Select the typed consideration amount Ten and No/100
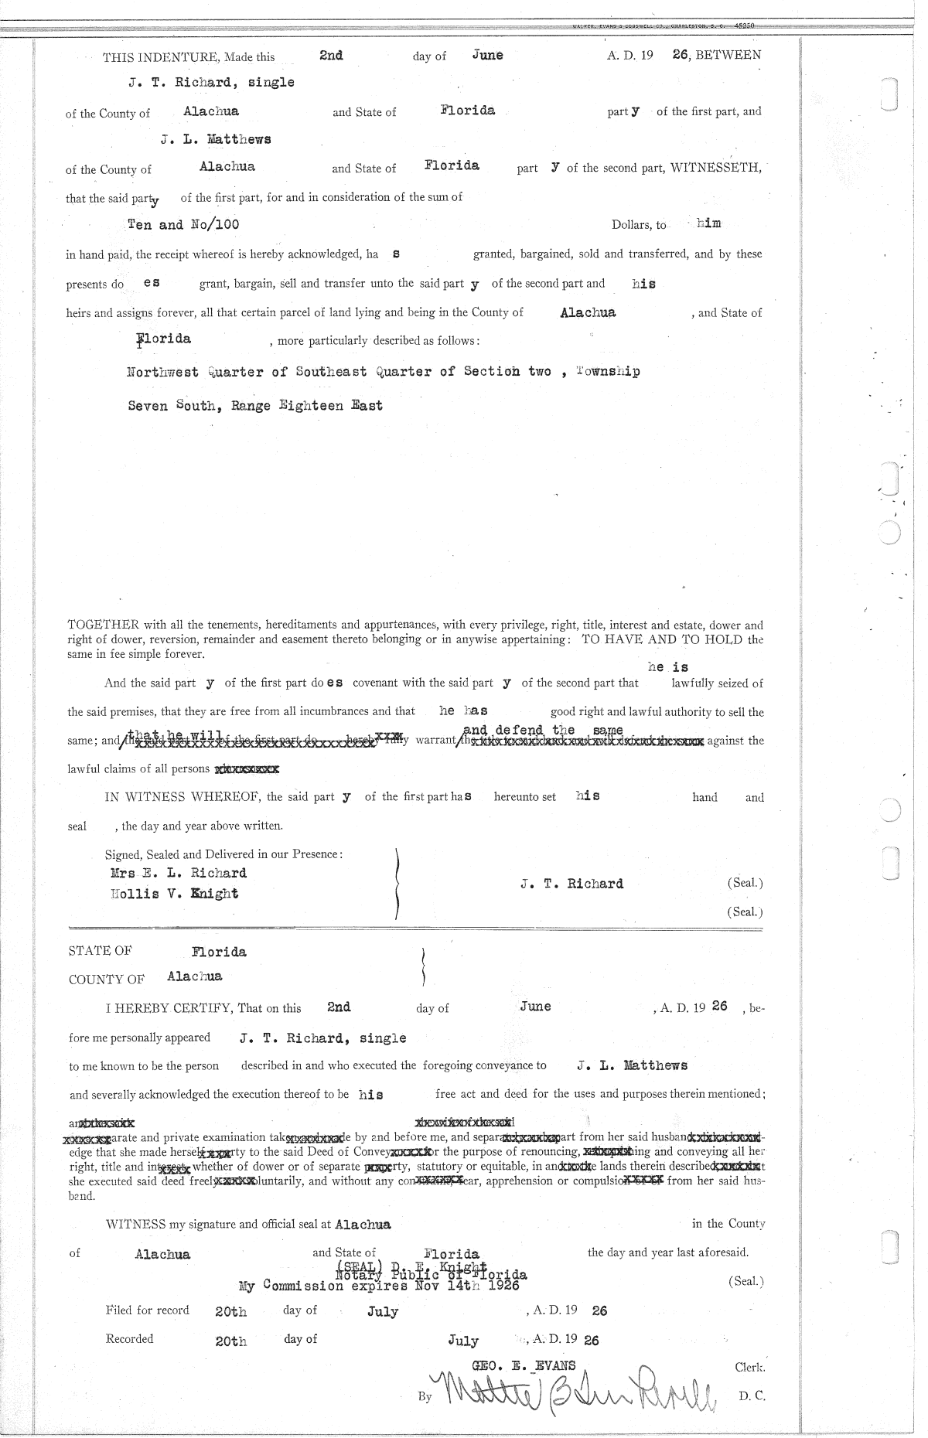(x=183, y=225)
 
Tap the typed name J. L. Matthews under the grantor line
(x=216, y=140)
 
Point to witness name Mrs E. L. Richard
(x=179, y=873)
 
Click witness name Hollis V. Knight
(x=175, y=894)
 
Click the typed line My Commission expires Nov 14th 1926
(x=379, y=1286)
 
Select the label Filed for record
(x=148, y=1310)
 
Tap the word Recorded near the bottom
(x=130, y=1338)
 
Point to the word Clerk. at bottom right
(x=749, y=1367)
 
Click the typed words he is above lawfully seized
(x=668, y=667)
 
